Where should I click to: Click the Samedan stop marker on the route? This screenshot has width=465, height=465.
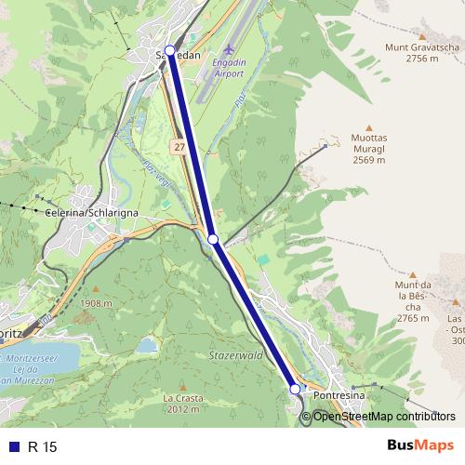tap(169, 50)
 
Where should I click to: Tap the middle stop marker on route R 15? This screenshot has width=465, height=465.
tap(213, 240)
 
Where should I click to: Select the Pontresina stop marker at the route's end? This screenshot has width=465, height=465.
tap(295, 389)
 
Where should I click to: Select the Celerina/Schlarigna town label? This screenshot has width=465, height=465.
tap(91, 213)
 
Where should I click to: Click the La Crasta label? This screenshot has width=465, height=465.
tap(181, 404)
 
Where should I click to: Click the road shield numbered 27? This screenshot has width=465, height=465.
tap(179, 148)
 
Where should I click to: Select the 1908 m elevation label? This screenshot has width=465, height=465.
tap(96, 303)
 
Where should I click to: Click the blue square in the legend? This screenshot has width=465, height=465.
tap(12, 446)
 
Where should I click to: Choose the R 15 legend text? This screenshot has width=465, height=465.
tap(43, 446)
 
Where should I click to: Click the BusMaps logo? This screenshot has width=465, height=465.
tap(419, 446)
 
